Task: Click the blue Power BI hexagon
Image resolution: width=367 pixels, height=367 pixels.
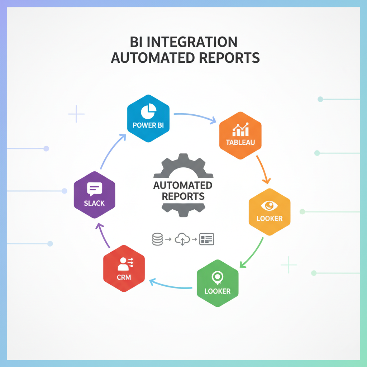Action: point(148,118)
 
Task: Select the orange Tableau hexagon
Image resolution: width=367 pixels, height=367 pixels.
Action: point(240,135)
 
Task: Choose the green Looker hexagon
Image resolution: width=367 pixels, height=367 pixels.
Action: point(218,283)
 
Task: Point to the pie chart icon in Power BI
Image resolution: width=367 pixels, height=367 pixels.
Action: point(147,112)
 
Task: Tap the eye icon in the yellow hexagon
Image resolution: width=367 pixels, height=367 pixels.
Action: point(270,205)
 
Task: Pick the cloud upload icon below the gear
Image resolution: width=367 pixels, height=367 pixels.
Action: point(182,239)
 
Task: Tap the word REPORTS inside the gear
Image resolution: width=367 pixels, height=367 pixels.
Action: point(183,196)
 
